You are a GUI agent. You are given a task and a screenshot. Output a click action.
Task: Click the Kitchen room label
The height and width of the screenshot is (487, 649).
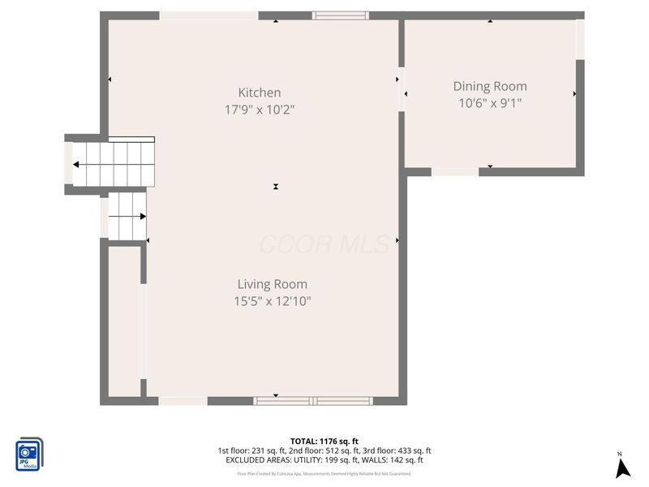[x=259, y=93]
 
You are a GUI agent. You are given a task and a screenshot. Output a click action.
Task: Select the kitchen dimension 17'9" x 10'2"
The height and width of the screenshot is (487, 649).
[x=259, y=109]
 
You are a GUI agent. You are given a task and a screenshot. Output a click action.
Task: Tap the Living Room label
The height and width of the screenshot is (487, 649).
[x=272, y=284]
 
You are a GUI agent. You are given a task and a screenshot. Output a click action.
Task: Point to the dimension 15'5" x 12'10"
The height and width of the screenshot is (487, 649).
[x=272, y=301]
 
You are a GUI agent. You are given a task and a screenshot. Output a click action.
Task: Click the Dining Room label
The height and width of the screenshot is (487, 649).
[x=489, y=86]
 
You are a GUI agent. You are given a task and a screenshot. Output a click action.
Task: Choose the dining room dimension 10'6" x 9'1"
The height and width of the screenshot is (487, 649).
[x=489, y=102]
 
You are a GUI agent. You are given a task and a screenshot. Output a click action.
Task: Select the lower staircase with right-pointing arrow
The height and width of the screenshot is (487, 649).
[x=127, y=216]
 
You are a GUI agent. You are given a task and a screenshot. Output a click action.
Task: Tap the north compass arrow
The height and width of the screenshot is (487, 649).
[x=622, y=468]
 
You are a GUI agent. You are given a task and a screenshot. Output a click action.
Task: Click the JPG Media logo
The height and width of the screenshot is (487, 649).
[x=29, y=455]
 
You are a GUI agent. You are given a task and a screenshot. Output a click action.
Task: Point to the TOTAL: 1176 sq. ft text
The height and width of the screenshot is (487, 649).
[x=324, y=441]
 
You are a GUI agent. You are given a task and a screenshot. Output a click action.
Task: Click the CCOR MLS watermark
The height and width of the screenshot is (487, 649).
[x=324, y=243]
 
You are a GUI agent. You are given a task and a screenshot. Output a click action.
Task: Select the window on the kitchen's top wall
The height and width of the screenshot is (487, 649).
[x=341, y=15]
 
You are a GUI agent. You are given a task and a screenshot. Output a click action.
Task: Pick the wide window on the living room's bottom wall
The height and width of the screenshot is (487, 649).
[x=313, y=400]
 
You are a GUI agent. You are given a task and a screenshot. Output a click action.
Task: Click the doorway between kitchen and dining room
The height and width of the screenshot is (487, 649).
[x=402, y=89]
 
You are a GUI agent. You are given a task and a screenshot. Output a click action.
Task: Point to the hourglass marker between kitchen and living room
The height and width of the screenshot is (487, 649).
[x=276, y=187]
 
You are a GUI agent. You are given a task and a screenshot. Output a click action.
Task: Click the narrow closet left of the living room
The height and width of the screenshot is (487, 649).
[x=124, y=321]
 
